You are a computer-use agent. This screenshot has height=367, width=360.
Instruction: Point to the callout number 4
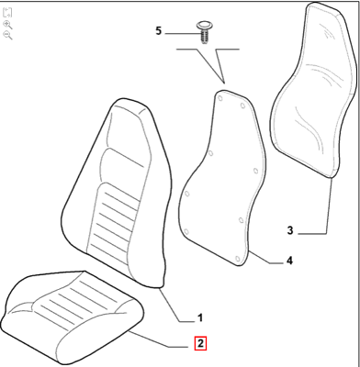288,261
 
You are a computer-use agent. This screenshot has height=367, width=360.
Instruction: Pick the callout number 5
158,31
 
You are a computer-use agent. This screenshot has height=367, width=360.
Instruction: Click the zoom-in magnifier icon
7,23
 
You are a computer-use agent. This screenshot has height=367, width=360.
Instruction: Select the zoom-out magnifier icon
7,35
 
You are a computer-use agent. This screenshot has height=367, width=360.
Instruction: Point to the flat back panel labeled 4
220,174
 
